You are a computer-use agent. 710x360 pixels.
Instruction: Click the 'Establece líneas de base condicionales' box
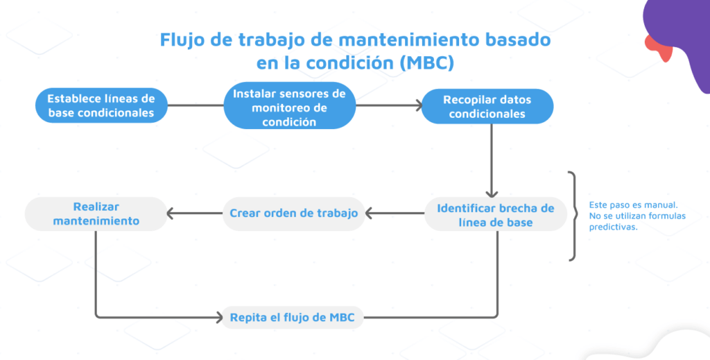pyautogui.click(x=101, y=105)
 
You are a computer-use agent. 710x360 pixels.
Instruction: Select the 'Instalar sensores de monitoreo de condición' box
pyautogui.click(x=289, y=105)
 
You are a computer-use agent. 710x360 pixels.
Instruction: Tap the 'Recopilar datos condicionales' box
pyautogui.click(x=487, y=106)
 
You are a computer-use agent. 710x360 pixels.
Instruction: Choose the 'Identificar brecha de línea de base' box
pyautogui.click(x=495, y=214)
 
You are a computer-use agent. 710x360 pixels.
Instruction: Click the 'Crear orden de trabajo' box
pyautogui.click(x=293, y=213)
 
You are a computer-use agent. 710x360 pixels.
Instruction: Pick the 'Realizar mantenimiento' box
pyautogui.click(x=96, y=214)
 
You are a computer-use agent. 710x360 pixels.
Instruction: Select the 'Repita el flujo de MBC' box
pyautogui.click(x=293, y=317)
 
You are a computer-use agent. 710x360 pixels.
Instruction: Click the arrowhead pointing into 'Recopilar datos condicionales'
pyautogui.click(x=419, y=105)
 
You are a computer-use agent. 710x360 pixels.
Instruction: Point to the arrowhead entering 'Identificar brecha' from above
pyautogui.click(x=492, y=194)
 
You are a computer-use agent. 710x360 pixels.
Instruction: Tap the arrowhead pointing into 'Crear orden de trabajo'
pyautogui.click(x=369, y=213)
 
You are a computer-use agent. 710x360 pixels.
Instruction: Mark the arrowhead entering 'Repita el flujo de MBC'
pyautogui.click(x=219, y=317)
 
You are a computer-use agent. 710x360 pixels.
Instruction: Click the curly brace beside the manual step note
pyautogui.click(x=573, y=216)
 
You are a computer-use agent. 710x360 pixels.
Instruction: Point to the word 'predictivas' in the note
pyautogui.click(x=613, y=227)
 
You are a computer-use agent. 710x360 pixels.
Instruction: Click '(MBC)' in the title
pyautogui.click(x=427, y=63)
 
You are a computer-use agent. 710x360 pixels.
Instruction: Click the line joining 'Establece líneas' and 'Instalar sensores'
pyautogui.click(x=196, y=105)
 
